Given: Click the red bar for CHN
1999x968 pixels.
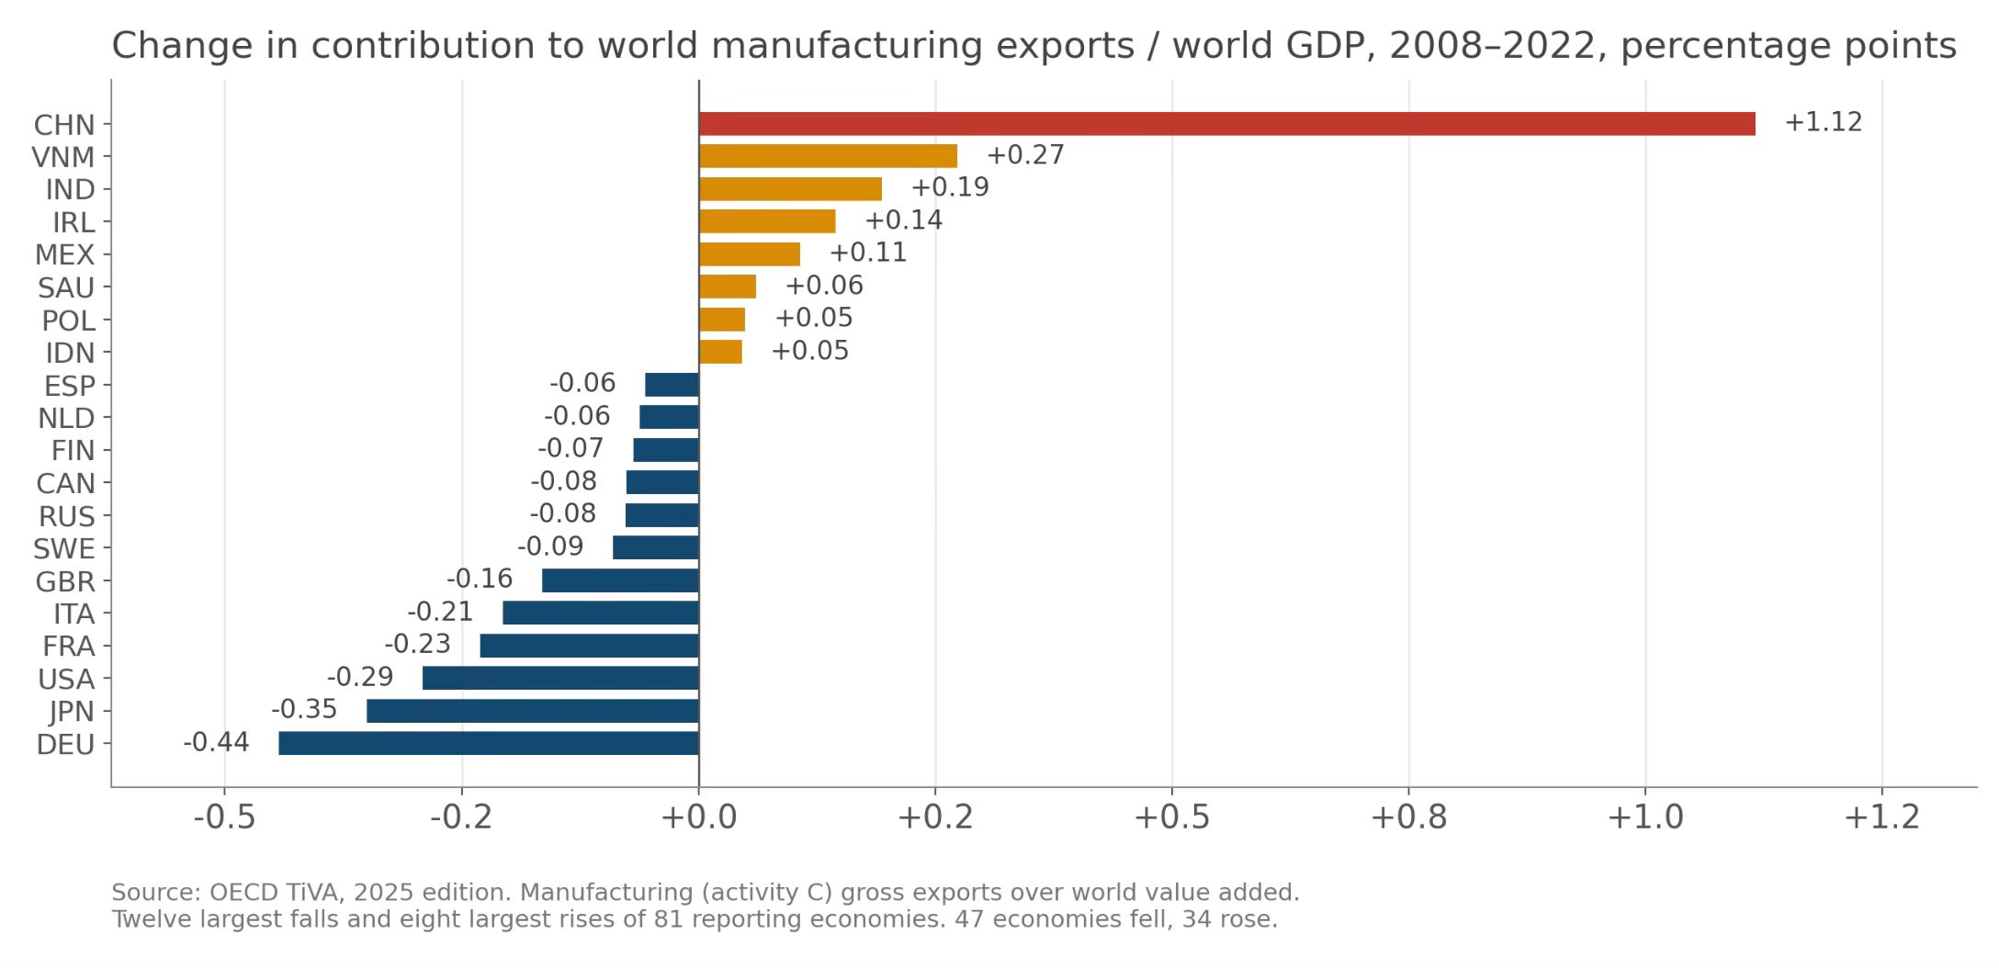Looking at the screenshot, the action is [1226, 123].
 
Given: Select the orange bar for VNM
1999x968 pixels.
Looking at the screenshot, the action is [828, 156].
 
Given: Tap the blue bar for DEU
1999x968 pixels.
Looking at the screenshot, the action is [489, 743].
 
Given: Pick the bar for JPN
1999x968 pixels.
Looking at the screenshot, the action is [533, 711].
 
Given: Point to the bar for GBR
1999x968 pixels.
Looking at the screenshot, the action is [620, 580].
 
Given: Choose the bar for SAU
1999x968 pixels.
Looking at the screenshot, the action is [728, 287].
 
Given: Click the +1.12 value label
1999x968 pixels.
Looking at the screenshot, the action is [1823, 122].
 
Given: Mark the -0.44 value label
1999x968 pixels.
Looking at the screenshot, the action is [216, 742].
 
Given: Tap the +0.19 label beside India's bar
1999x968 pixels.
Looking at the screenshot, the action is [950, 187].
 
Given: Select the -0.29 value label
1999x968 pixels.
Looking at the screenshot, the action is [360, 677].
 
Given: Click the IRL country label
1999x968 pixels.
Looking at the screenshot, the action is [73, 222].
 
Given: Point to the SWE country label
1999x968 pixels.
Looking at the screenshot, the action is [64, 549].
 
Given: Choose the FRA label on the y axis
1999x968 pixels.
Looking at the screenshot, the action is [69, 647].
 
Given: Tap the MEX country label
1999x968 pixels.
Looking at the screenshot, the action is [64, 254].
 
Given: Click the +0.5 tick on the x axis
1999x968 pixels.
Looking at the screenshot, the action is [1172, 816].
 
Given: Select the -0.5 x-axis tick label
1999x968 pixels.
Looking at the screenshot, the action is [224, 816].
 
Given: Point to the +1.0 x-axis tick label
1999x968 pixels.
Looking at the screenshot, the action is [1645, 816].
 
